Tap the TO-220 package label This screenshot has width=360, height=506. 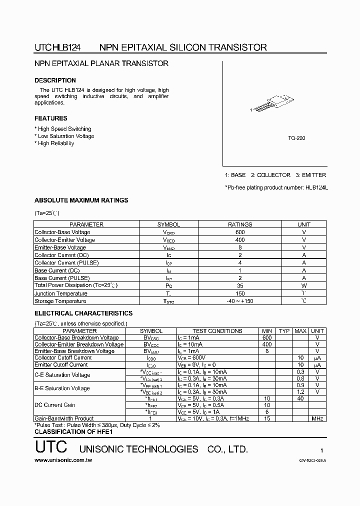(297, 138)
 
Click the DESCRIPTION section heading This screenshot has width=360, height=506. (55, 80)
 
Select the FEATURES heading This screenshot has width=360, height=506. (50, 118)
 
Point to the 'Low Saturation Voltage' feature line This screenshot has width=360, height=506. (65, 136)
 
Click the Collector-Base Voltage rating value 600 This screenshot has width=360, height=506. (240, 232)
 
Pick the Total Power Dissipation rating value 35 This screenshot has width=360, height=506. (240, 285)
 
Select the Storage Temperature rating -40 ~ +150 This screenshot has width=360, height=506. (240, 301)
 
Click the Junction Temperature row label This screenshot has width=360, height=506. (60, 293)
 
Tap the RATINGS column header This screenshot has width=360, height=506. (240, 224)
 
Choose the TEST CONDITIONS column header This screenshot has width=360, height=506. (217, 331)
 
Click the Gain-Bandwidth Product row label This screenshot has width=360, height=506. (63, 418)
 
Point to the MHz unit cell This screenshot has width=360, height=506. (317, 418)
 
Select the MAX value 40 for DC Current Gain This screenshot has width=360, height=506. (300, 398)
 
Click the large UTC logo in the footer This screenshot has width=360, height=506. (48, 448)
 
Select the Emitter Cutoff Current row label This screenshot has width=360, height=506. (60, 365)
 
